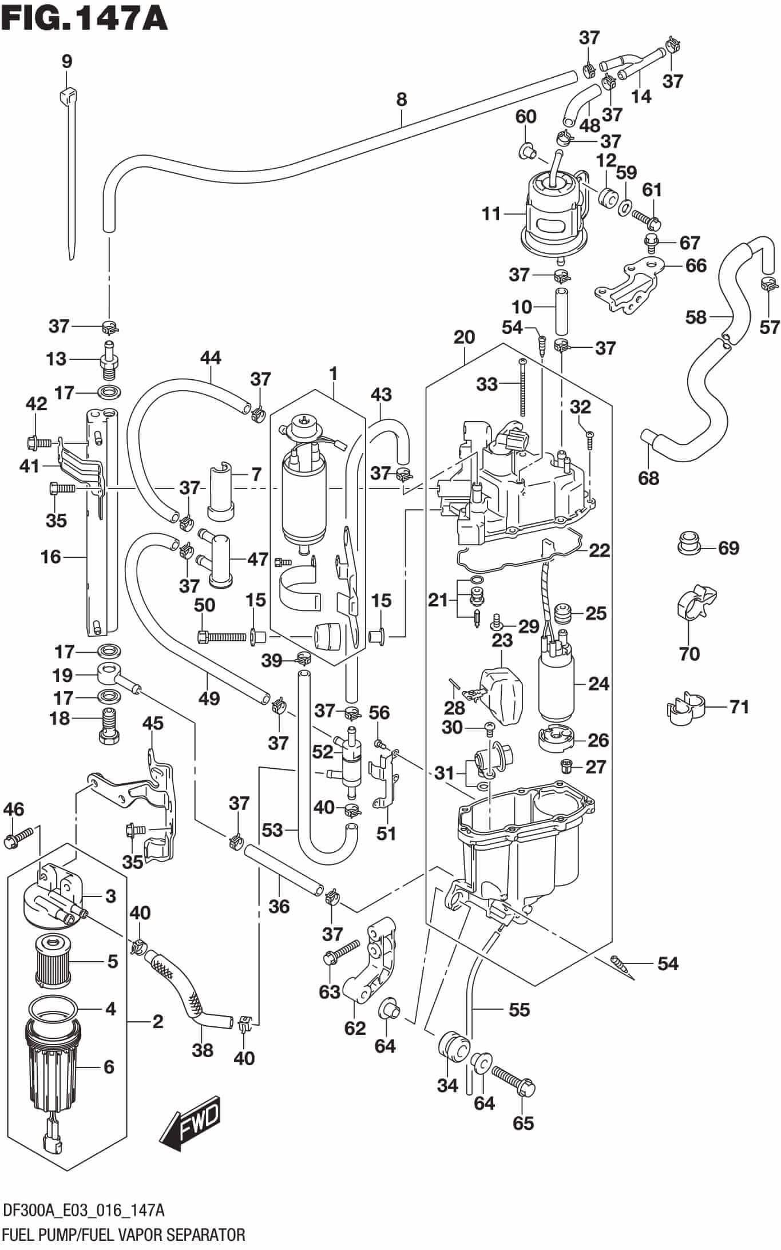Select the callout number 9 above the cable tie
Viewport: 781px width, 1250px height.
67,61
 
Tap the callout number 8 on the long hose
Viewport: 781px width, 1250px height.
401,100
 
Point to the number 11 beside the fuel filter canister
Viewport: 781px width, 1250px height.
491,215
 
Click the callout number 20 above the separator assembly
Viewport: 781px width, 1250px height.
464,338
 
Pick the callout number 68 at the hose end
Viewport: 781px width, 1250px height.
648,478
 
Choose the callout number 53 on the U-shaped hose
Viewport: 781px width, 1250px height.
273,830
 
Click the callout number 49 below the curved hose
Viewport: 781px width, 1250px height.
210,698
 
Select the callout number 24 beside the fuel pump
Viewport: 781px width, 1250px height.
598,684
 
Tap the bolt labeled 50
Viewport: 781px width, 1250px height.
220,636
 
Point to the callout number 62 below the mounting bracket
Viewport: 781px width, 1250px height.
355,1028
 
